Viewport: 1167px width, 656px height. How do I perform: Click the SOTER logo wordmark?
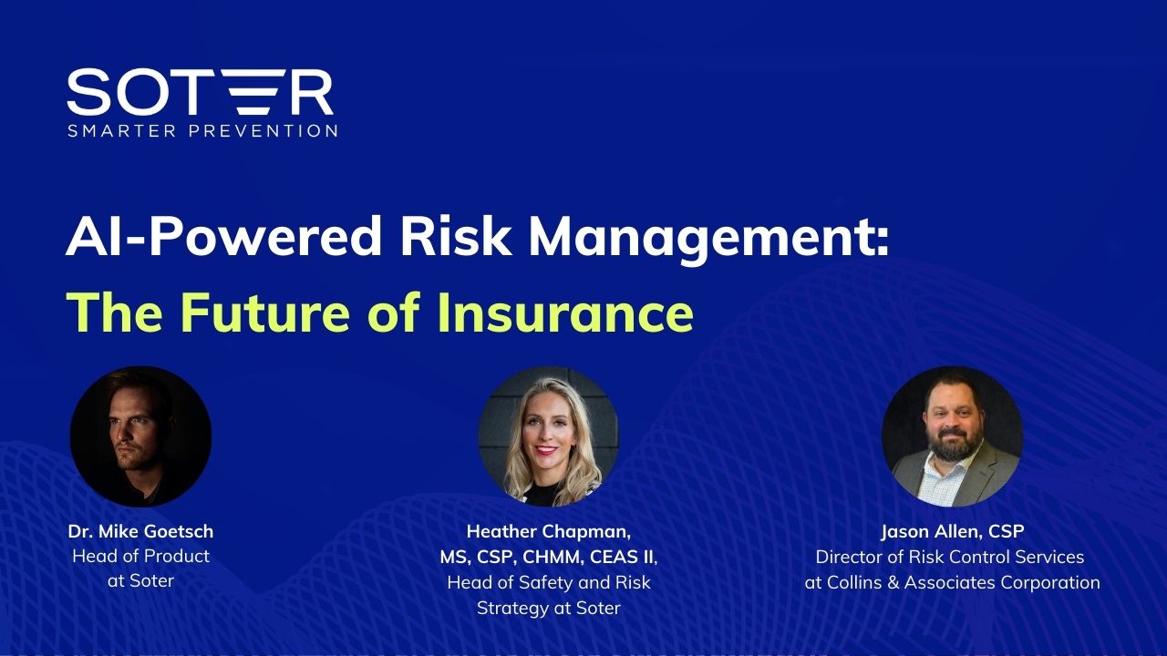point(200,92)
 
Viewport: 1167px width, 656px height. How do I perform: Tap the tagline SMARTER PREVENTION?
point(202,130)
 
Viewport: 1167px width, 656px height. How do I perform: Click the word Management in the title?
point(708,239)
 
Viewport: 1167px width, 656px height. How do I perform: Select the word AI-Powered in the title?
point(223,237)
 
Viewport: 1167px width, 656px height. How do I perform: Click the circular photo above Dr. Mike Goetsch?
point(140,436)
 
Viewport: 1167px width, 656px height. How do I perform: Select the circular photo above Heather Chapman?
point(549,436)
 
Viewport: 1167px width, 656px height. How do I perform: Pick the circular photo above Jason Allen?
point(952,436)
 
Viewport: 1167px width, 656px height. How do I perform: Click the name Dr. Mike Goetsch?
point(140,531)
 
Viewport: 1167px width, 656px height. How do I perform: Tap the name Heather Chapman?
point(549,531)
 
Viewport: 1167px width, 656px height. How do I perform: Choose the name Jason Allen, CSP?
point(953,531)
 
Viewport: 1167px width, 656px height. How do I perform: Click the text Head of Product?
point(140,557)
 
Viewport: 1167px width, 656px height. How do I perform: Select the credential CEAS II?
point(622,558)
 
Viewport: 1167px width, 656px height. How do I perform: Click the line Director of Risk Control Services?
point(950,557)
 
